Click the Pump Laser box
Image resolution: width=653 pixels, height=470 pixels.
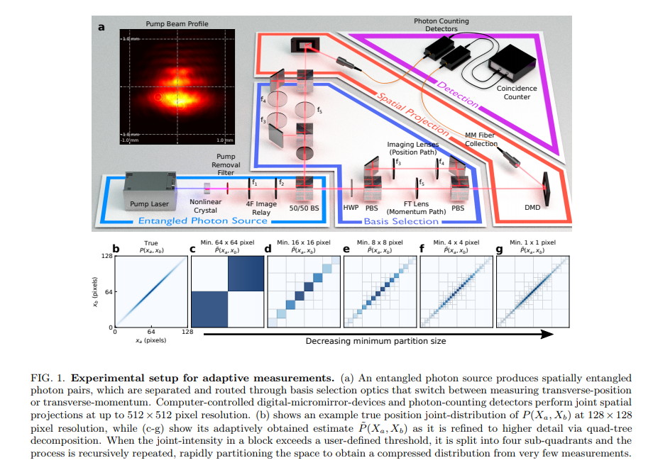point(149,189)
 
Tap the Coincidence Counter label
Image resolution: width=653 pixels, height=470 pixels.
point(517,92)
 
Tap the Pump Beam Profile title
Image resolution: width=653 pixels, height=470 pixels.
point(175,23)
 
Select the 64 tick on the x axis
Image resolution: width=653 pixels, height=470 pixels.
point(151,332)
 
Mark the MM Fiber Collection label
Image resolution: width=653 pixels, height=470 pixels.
point(481,139)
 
